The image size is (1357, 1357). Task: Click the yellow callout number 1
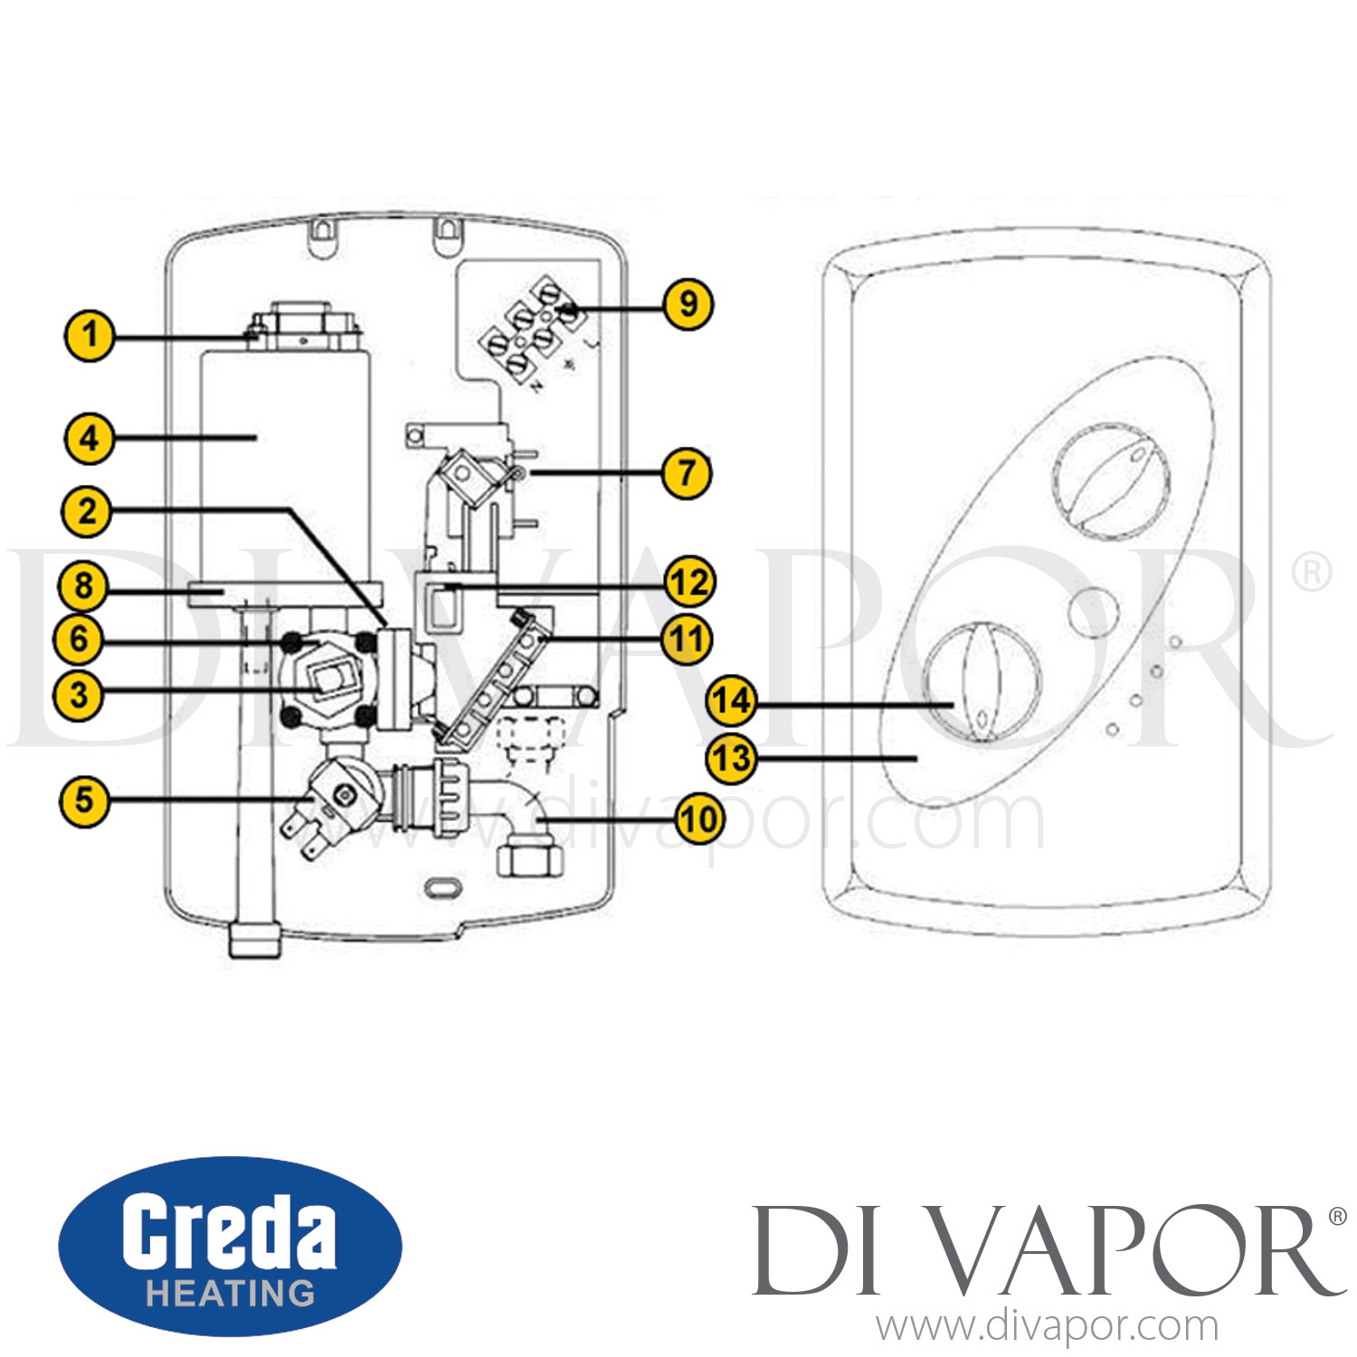pyautogui.click(x=90, y=336)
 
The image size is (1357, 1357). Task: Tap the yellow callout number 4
pyautogui.click(x=89, y=439)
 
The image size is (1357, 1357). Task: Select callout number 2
pyautogui.click(x=87, y=512)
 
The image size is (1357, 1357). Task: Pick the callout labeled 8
pyautogui.click(x=83, y=586)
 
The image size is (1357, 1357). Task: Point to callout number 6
pyautogui.click(x=80, y=640)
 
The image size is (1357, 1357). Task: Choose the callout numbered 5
pyautogui.click(x=84, y=801)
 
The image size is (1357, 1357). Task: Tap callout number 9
pyautogui.click(x=688, y=304)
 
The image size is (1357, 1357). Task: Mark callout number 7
pyautogui.click(x=687, y=473)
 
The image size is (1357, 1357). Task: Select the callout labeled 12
pyautogui.click(x=689, y=582)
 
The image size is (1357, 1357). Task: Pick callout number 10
pyautogui.click(x=699, y=821)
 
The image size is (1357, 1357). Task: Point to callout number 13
pyautogui.click(x=731, y=757)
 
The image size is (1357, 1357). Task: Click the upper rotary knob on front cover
pyautogui.click(x=1112, y=481)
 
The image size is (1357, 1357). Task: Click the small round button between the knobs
pyautogui.click(x=1094, y=612)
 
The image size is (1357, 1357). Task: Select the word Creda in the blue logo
pyautogui.click(x=229, y=1231)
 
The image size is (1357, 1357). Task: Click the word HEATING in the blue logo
pyautogui.click(x=231, y=1293)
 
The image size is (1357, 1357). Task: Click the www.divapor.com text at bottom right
pyautogui.click(x=1048, y=1326)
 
